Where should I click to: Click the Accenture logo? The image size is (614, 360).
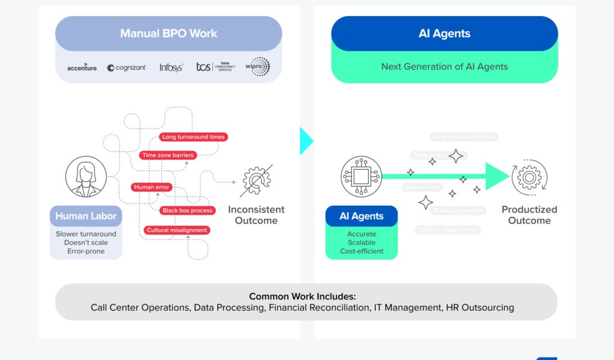pos(82,68)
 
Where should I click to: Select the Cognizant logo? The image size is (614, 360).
pos(127,68)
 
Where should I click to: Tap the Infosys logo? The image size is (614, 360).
pos(171,68)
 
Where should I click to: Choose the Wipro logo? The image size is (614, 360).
pos(258,67)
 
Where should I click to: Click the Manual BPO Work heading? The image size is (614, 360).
pos(168,34)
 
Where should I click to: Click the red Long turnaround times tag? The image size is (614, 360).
pos(193,137)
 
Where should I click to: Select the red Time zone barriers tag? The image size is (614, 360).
pos(168,155)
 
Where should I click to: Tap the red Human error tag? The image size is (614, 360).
pos(152,187)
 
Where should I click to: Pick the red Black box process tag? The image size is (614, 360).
pos(188,211)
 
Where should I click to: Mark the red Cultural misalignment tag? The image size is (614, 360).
pos(176,230)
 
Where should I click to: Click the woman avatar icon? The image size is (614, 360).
pos(86,177)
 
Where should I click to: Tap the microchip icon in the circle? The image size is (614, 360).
pos(361,176)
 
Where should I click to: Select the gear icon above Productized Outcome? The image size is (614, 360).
pos(529,178)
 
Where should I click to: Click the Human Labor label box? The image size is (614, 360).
pos(86,216)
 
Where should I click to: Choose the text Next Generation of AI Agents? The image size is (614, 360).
pos(444,67)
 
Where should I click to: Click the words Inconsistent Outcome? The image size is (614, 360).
pos(256,215)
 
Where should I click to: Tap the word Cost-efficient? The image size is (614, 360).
pos(362,251)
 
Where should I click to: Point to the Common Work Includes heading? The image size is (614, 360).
pos(302,296)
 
